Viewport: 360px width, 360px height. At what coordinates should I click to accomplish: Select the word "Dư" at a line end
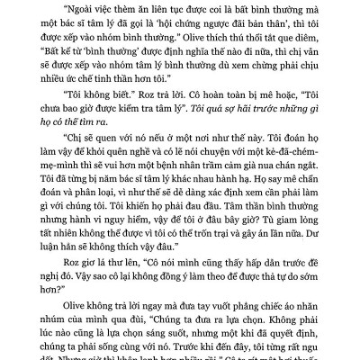click(312, 284)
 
